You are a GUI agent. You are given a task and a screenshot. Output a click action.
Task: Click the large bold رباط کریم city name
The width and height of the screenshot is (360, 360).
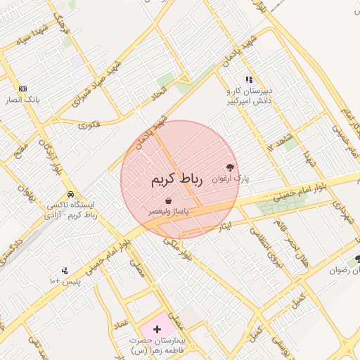[176, 179]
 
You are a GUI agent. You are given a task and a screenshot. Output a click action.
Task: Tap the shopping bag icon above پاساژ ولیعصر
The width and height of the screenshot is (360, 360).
[167, 201]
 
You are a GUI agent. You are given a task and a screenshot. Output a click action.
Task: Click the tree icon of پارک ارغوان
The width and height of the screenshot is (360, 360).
[229, 167]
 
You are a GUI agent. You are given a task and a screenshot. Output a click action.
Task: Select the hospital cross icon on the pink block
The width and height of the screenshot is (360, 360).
[156, 329]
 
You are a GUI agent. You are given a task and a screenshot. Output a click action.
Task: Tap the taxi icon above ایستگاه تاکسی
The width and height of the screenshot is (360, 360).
[70, 194]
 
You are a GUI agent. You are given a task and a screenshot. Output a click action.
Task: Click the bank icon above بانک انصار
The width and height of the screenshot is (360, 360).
[23, 89]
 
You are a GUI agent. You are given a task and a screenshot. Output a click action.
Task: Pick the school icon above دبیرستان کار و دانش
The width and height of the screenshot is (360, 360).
[248, 80]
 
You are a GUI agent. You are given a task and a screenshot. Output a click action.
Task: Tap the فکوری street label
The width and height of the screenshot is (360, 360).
[89, 126]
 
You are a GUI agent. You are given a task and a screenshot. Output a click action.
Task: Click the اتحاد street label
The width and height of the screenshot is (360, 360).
[160, 94]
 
